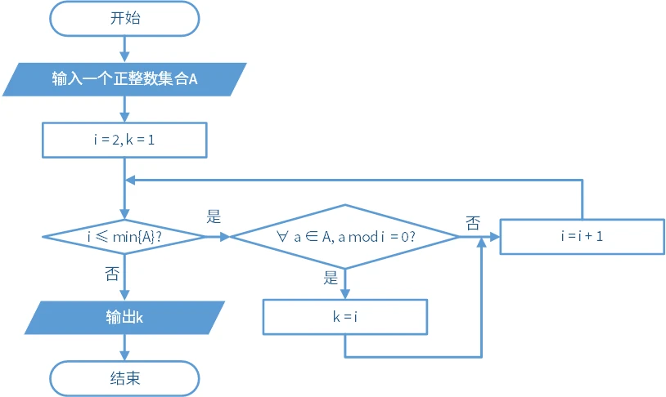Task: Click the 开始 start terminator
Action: [x=124, y=18]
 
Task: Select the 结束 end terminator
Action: [x=124, y=378]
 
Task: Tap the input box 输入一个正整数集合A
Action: [x=124, y=79]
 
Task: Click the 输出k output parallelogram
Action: [x=124, y=318]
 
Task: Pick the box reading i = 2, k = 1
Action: [x=124, y=140]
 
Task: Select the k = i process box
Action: [x=344, y=317]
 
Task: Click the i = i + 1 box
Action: [x=582, y=236]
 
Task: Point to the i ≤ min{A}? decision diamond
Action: [x=124, y=236]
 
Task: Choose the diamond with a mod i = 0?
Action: [x=344, y=236]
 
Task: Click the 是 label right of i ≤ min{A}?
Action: [x=214, y=217]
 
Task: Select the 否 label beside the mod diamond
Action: [x=473, y=222]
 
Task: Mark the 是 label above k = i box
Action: [x=331, y=278]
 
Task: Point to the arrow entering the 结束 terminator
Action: [x=124, y=350]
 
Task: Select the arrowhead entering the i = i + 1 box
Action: [x=494, y=236]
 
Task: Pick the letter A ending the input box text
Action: [x=193, y=79]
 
